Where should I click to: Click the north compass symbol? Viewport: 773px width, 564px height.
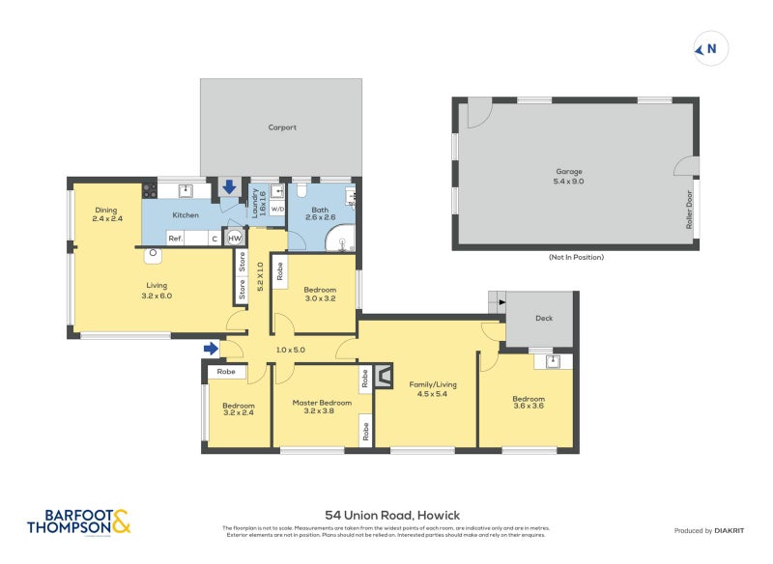pos(710,48)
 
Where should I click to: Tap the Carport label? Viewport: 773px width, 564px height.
pos(282,127)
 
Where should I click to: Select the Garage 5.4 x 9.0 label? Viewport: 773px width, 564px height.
pos(568,176)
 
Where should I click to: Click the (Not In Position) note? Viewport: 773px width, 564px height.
pos(575,258)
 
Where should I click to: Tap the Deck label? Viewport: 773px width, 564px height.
pos(543,317)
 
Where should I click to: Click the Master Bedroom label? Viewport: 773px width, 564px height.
pos(322,408)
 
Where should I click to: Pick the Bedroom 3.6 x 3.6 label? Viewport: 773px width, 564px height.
pos(529,404)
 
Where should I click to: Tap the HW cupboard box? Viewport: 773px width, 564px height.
pos(234,238)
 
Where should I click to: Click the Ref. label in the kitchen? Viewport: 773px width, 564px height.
pos(176,238)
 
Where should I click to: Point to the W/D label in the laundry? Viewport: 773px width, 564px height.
pos(276,209)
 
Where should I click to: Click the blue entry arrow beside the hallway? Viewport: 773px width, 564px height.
pos(211,348)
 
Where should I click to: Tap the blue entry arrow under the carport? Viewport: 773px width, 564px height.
pos(229,186)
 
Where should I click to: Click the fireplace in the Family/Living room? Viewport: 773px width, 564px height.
pos(384,376)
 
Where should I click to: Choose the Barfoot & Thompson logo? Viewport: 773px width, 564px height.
pos(78,522)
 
